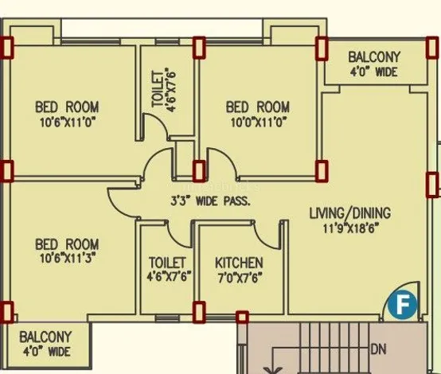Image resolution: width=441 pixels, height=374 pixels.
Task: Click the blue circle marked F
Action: [403, 305]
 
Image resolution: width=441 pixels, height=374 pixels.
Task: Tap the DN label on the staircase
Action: [379, 349]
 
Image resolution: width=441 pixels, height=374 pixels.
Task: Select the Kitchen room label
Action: [239, 263]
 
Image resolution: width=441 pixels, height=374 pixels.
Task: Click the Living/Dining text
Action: [350, 213]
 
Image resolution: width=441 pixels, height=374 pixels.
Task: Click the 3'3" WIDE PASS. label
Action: [210, 201]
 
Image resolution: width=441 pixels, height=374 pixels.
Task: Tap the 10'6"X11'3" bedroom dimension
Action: [68, 258]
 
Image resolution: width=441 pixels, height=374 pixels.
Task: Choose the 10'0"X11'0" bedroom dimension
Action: [259, 123]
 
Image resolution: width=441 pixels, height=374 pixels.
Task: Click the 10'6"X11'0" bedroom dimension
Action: [68, 123]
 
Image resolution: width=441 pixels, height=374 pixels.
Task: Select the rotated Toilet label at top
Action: [158, 89]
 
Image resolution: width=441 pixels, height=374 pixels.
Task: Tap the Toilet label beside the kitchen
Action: [167, 263]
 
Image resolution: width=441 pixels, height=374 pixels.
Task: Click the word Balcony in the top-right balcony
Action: [374, 57]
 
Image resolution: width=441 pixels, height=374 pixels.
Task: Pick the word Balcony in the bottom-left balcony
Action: [45, 337]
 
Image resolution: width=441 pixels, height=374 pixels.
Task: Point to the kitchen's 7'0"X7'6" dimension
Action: [240, 278]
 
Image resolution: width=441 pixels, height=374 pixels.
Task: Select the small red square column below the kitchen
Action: [242, 317]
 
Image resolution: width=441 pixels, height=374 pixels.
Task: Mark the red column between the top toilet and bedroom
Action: [199, 48]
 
